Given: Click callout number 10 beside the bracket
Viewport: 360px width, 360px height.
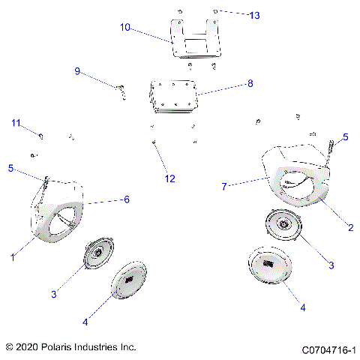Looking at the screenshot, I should click(x=125, y=27).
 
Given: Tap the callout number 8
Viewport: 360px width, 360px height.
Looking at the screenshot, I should click(x=250, y=84).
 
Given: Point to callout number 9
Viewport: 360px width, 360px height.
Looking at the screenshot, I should click(x=76, y=71).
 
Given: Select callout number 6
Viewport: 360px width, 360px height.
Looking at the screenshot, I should click(x=127, y=199).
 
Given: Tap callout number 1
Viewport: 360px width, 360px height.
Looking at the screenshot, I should click(x=13, y=257).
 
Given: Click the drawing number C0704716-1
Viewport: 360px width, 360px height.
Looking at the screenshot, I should click(x=328, y=349).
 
